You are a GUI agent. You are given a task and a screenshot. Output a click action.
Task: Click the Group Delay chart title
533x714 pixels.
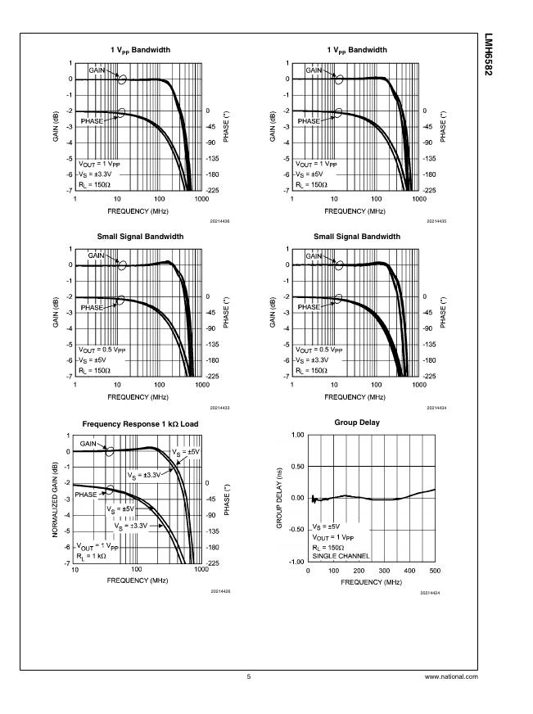(x=357, y=423)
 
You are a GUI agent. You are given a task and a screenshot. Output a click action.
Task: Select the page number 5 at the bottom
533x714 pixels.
(x=248, y=677)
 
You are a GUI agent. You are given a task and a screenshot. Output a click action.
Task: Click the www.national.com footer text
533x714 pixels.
(x=451, y=677)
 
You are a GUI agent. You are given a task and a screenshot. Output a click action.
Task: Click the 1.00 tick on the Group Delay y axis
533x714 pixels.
(x=296, y=435)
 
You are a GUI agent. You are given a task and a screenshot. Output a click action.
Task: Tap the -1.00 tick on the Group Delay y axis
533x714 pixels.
(x=296, y=562)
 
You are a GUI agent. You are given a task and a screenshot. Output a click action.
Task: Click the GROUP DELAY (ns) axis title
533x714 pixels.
(x=279, y=498)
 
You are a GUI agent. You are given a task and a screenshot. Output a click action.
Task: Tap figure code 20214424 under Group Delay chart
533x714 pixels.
(x=431, y=592)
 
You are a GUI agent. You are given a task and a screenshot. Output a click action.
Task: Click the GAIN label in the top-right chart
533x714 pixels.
(x=314, y=70)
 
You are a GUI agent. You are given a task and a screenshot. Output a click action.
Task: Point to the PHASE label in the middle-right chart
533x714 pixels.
(x=309, y=307)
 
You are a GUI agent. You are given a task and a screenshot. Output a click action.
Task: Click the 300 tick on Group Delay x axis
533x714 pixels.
(x=384, y=570)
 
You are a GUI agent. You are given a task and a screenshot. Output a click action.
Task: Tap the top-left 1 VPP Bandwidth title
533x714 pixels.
(x=141, y=51)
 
